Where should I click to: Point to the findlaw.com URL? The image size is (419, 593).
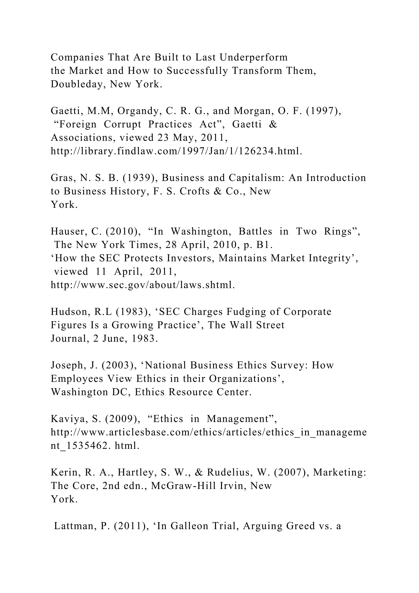coord(176,151)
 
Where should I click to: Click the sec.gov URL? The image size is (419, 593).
coord(143,285)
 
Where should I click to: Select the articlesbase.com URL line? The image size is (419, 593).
coord(208,432)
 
